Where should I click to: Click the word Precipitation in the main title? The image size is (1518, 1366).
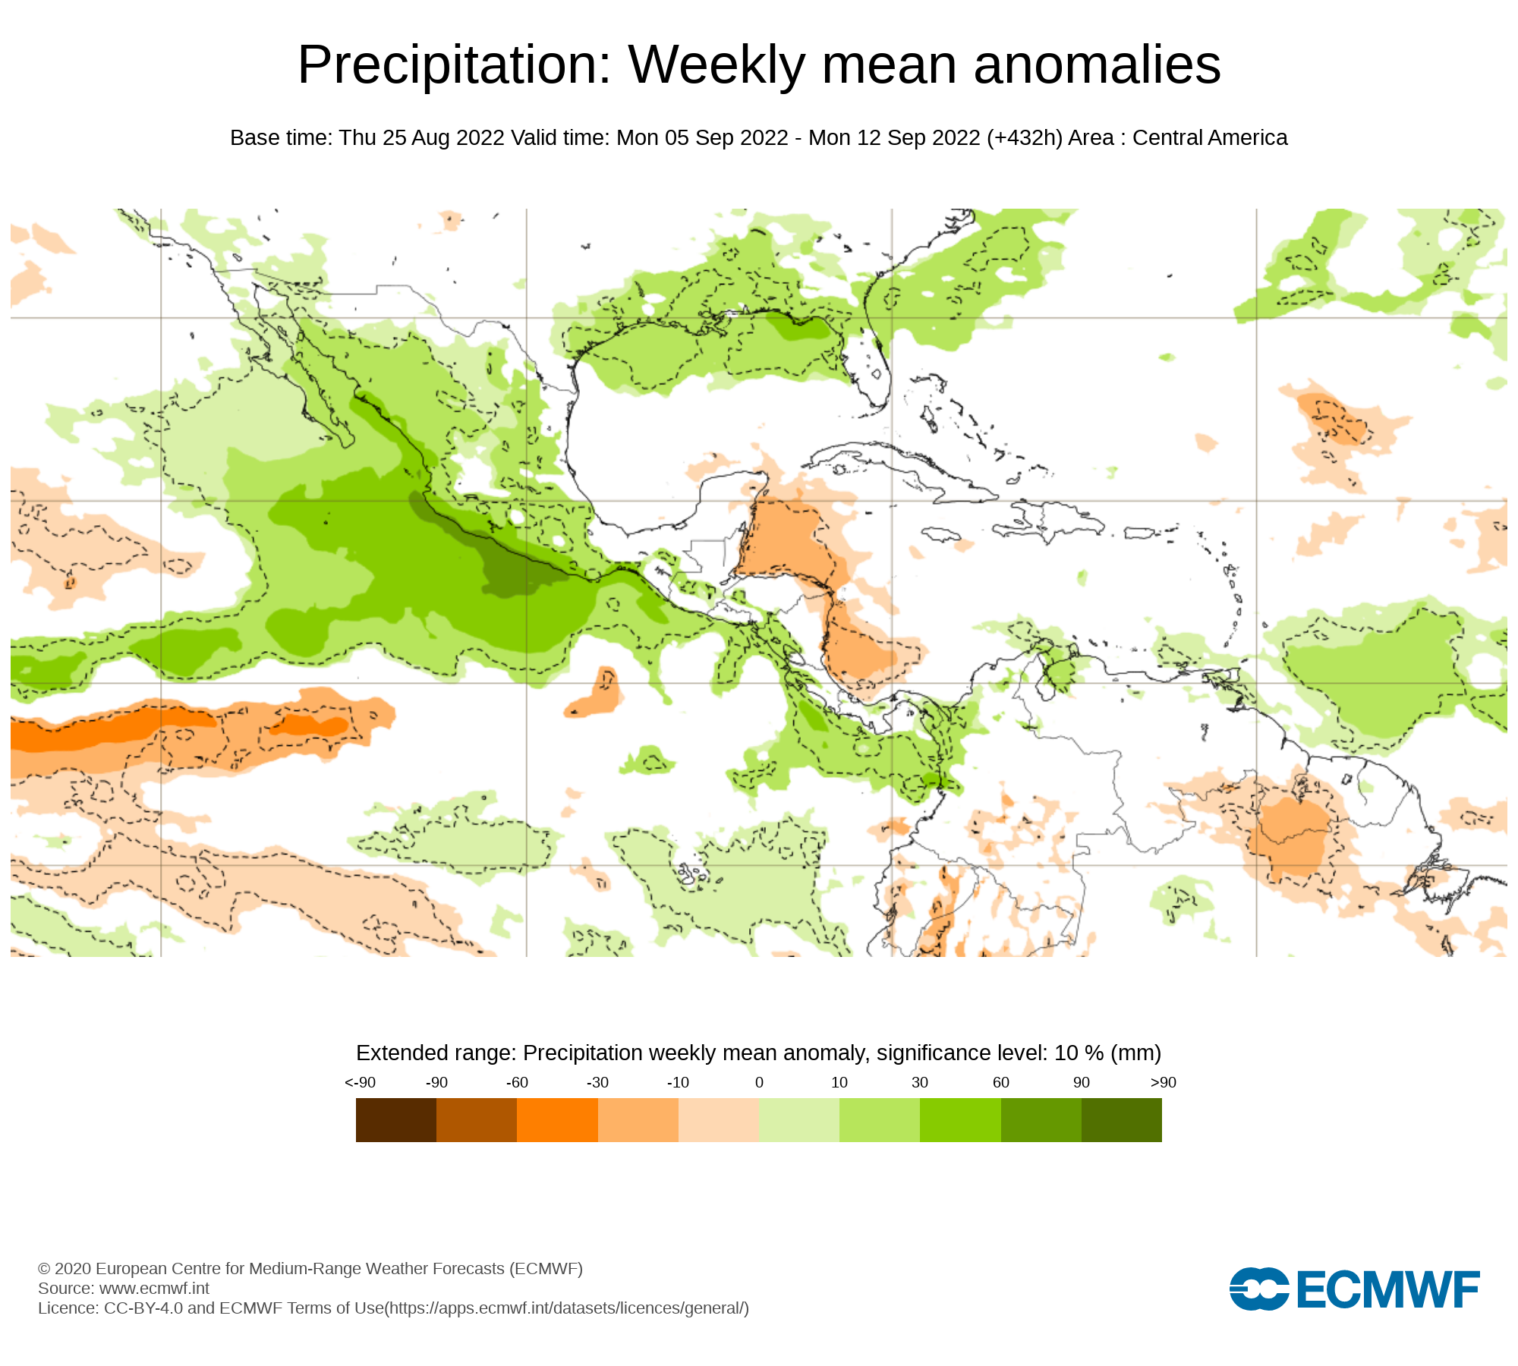coord(454,66)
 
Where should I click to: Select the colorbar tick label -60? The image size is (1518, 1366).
coord(517,1082)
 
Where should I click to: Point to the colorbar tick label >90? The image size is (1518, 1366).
coord(1163,1082)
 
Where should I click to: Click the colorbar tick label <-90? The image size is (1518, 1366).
coord(360,1082)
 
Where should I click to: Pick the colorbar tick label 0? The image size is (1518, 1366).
coord(759,1082)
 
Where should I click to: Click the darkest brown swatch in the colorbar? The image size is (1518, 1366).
coord(396,1120)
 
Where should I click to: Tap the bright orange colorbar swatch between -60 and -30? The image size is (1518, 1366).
coord(557,1120)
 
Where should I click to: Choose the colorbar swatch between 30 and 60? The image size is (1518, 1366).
coord(960,1120)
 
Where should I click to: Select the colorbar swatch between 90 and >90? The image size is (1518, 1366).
coord(1121,1120)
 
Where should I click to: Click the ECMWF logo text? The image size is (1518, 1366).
coord(1388,1290)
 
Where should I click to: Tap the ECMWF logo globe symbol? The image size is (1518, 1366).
coord(1259,1289)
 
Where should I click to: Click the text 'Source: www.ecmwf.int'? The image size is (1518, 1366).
coord(124,1288)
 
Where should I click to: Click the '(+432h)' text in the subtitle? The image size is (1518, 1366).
coord(1025,138)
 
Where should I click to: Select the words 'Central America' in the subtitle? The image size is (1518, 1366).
coord(1210,138)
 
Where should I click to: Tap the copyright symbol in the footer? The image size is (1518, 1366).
coord(44,1269)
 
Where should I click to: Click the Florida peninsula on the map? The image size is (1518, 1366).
coord(873,364)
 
